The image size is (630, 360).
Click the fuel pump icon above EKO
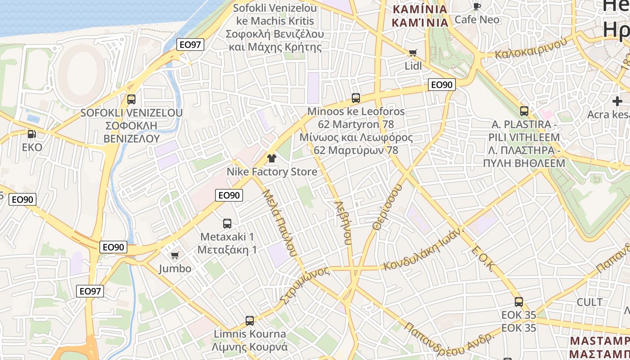point(31,134)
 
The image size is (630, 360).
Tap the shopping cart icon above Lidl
point(413,53)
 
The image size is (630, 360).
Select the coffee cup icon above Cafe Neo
point(477,6)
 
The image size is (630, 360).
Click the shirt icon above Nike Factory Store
point(271,158)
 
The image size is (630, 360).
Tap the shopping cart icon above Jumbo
point(175,255)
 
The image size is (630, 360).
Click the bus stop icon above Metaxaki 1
point(227,223)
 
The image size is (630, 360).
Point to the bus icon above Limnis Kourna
point(250,320)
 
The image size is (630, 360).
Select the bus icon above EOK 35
point(518,301)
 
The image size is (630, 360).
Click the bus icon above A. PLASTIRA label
point(524,111)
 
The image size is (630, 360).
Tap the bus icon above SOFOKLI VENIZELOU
point(131,99)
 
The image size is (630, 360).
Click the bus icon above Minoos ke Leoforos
point(355,98)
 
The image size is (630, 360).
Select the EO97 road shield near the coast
point(190,44)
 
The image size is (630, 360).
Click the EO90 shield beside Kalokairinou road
point(441,85)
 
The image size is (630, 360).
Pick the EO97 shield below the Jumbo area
point(90,291)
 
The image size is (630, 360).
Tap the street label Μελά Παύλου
point(279,223)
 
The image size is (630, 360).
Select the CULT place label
point(589,302)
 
